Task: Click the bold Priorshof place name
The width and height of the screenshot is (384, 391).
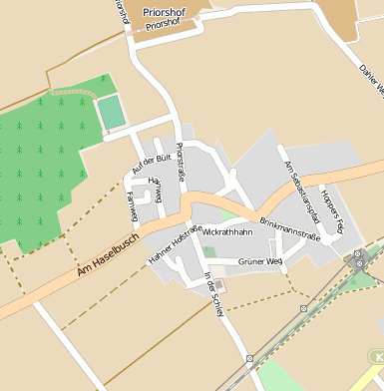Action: [165, 12]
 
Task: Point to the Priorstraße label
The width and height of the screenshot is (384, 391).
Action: [183, 161]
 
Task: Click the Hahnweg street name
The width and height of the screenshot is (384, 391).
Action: [155, 187]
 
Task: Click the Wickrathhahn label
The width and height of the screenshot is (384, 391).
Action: [226, 231]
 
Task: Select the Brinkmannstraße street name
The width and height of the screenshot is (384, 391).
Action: [289, 228]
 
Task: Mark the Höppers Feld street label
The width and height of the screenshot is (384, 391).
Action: [331, 209]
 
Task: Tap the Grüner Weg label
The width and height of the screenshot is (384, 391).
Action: [261, 260]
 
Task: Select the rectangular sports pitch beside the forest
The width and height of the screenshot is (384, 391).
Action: [112, 110]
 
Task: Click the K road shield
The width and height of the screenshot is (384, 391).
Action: [377, 356]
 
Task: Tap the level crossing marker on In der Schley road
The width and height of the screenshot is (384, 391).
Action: [249, 357]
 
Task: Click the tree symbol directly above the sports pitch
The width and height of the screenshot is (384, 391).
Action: [103, 81]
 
